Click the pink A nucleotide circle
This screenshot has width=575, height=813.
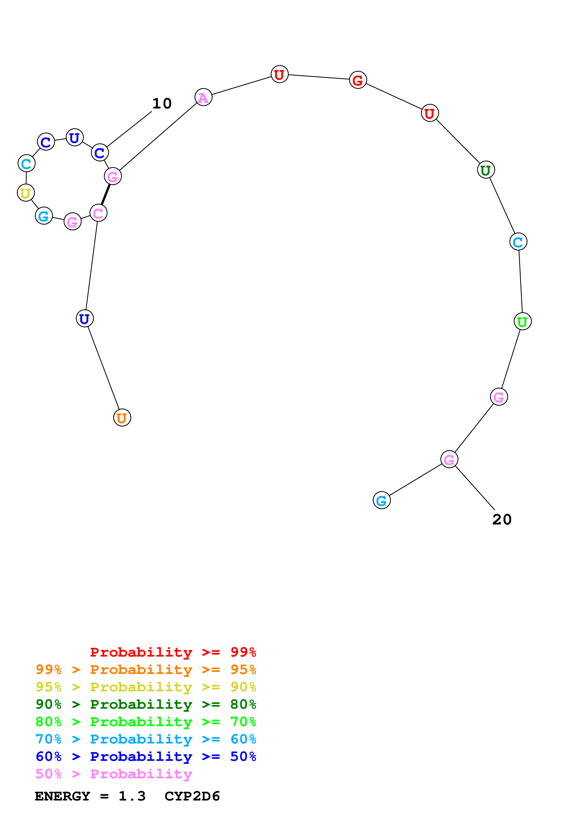(x=203, y=97)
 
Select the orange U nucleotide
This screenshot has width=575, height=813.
(x=122, y=418)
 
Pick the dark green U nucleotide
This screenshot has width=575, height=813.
(x=486, y=170)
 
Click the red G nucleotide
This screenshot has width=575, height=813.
(x=358, y=80)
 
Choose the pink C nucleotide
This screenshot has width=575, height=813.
(x=98, y=213)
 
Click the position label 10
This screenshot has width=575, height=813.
(x=162, y=103)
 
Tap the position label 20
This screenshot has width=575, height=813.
(x=502, y=519)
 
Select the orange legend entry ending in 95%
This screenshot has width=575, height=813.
(x=146, y=670)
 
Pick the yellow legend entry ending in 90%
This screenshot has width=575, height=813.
(x=146, y=687)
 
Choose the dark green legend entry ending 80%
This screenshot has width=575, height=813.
(x=146, y=704)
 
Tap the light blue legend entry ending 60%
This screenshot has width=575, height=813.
(x=146, y=739)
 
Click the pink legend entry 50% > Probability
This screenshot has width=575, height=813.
(x=114, y=774)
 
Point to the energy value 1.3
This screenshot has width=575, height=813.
(x=132, y=796)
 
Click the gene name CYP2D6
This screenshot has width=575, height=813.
(x=192, y=796)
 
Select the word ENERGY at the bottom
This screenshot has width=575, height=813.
(x=62, y=796)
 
